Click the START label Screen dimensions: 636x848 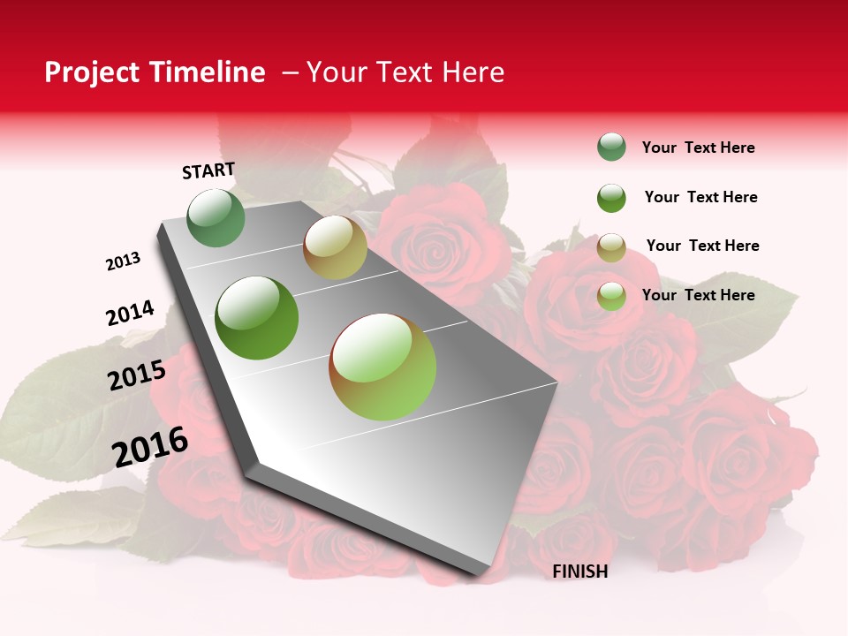[208, 170]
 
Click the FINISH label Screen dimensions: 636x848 [579, 572]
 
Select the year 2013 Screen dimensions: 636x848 [123, 261]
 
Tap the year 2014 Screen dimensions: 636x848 [130, 314]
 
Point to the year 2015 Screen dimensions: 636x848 [137, 375]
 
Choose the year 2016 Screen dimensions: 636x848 [150, 447]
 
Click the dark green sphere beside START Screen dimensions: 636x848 [216, 217]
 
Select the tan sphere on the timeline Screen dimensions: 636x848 [335, 247]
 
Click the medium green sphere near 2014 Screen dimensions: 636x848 [257, 318]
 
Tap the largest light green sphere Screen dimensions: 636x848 [382, 367]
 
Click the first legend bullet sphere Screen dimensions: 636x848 [611, 148]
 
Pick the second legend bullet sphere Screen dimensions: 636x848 [611, 198]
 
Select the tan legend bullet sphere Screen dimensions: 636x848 [611, 247]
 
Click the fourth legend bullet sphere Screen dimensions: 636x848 [611, 296]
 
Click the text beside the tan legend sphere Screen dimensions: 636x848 [702, 246]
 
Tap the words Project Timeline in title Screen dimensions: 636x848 [155, 72]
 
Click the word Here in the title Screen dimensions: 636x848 [473, 72]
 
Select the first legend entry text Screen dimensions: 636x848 [698, 148]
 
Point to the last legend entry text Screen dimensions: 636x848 [698, 295]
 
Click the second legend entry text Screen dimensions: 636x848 [700, 197]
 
